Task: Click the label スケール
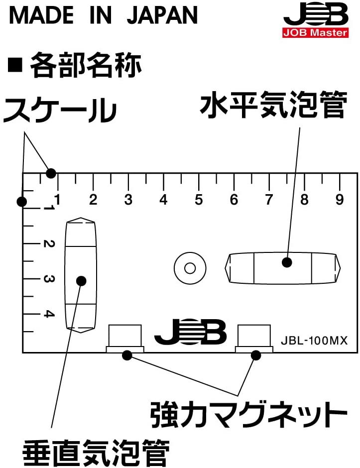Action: (x=60, y=110)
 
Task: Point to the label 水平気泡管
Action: (x=273, y=106)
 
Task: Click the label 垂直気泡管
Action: (x=95, y=453)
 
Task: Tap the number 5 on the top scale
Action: (x=199, y=200)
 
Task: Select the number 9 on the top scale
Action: (x=340, y=200)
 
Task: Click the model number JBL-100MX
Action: (x=314, y=341)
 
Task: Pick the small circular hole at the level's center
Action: (x=189, y=268)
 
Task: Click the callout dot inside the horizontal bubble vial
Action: (x=286, y=262)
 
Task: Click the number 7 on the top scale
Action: (x=269, y=200)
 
